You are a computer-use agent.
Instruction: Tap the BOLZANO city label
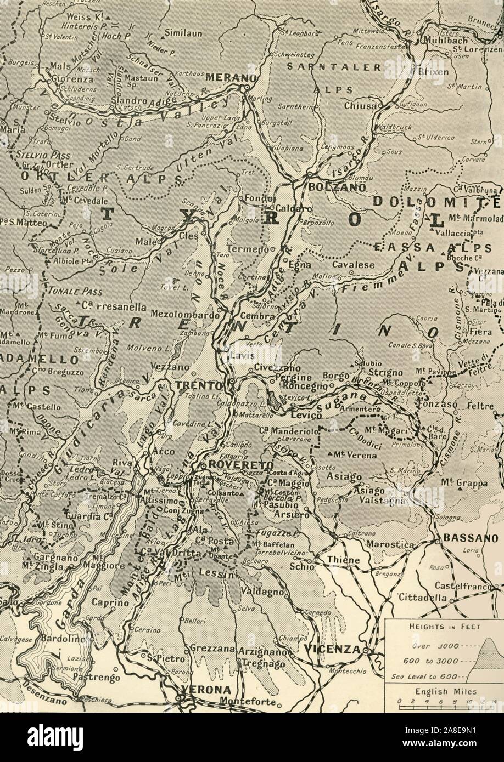(330, 186)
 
